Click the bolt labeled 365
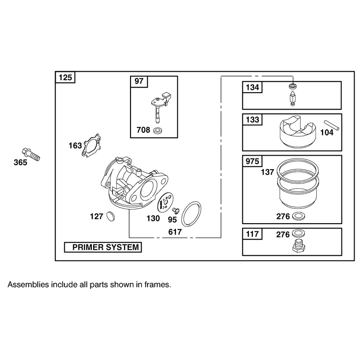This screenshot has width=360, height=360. [31, 154]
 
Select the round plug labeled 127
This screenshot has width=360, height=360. [111, 216]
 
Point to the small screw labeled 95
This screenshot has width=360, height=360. [176, 210]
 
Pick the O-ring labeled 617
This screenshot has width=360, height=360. [192, 214]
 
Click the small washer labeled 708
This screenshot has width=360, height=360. [158, 130]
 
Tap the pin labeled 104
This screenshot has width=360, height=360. [331, 125]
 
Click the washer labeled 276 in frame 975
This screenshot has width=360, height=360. [298, 216]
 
